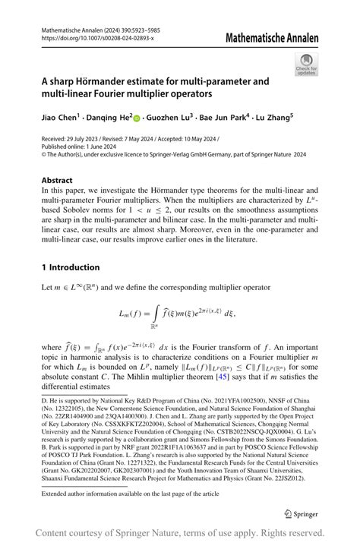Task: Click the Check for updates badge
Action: coord(307,64)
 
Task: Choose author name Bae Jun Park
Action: coord(232,118)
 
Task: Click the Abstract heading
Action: coord(57,180)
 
